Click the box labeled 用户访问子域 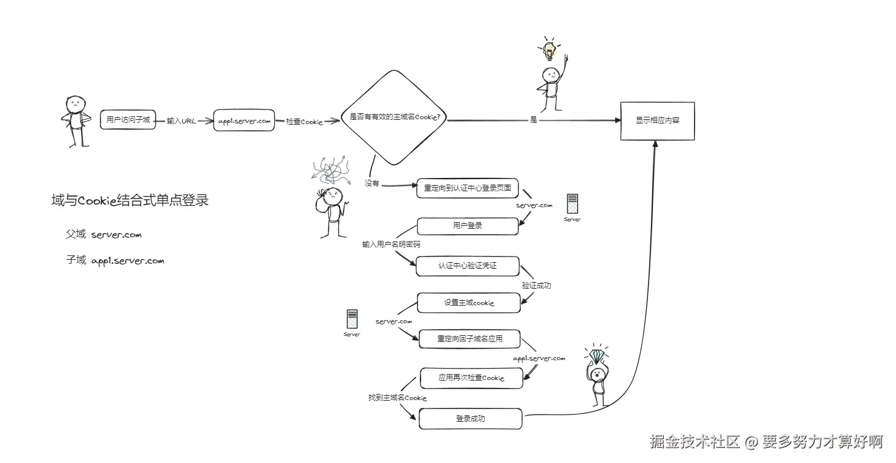tap(128, 120)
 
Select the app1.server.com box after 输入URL tap(244, 120)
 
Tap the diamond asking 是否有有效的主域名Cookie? tap(394, 118)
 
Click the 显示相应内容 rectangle tap(657, 121)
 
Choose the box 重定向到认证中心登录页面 tap(468, 188)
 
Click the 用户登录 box tap(468, 226)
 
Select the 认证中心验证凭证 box tap(468, 266)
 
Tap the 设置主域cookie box tap(469, 303)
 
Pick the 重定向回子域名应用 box tap(469, 340)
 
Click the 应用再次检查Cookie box tap(471, 378)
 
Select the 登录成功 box tap(470, 419)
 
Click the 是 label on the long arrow tap(533, 120)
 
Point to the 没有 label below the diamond tap(371, 183)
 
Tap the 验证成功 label tap(536, 285)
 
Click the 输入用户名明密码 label tap(391, 245)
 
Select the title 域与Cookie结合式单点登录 tap(130, 201)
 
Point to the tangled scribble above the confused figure tap(330, 171)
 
